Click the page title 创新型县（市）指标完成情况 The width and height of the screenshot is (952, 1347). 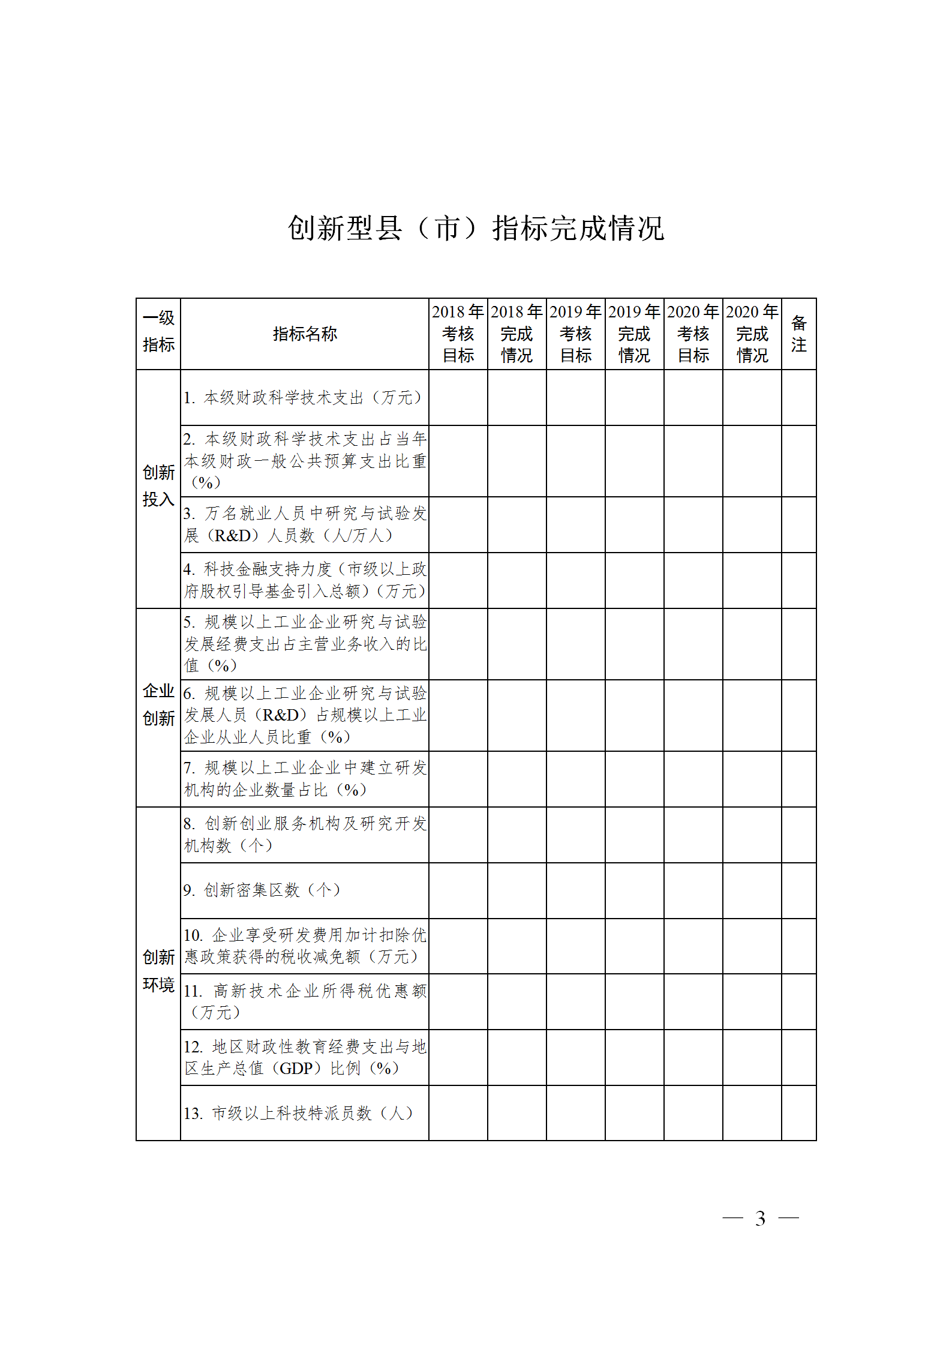476,229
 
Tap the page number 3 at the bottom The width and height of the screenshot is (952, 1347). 760,1219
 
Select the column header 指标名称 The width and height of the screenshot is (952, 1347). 305,334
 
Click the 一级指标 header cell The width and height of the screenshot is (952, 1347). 158,332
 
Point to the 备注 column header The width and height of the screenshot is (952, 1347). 798,334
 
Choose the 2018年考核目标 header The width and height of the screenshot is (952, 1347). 458,334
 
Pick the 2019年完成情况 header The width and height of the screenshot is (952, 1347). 634,334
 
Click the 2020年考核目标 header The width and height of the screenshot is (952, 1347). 693,334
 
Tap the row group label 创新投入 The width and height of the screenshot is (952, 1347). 158,486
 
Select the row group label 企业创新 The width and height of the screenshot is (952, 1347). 158,704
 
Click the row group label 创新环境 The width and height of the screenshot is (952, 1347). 158,971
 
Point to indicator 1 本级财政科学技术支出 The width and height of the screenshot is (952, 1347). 303,398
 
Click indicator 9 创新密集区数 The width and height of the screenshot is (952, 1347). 262,890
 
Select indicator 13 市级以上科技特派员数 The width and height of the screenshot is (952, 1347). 299,1113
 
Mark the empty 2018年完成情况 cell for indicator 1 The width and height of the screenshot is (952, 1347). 516,397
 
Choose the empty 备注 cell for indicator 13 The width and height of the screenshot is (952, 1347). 798,1113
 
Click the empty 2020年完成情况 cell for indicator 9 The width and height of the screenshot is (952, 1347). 752,890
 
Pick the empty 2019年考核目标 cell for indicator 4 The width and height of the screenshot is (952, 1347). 575,580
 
